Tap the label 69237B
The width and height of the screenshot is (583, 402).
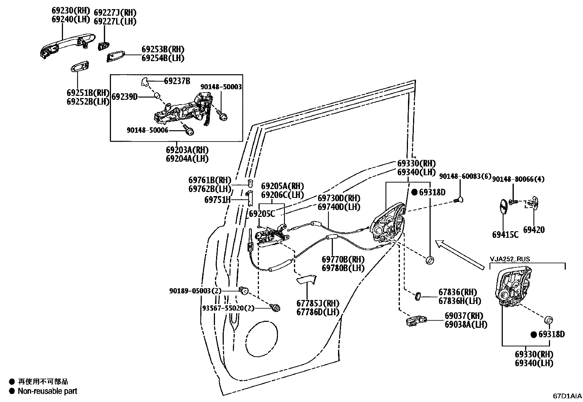tap(177, 81)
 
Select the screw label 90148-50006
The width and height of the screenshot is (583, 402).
tap(148, 130)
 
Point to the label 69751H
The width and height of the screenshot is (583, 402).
tap(217, 200)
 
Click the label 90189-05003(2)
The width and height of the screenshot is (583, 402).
tap(196, 291)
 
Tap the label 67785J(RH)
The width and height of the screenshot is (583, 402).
tap(318, 304)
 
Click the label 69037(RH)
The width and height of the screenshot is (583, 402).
tap(464, 316)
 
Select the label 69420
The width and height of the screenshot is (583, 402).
tap(534, 230)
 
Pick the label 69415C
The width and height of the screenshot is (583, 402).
tap(505, 234)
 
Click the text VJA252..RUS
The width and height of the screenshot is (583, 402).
tap(510, 259)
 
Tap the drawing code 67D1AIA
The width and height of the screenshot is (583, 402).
tap(567, 396)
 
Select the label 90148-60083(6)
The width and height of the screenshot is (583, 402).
tap(465, 177)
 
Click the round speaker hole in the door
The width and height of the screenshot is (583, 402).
tap(262, 338)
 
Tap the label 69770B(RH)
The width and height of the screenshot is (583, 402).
tap(343, 259)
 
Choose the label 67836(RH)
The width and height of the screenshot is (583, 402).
tap(458, 292)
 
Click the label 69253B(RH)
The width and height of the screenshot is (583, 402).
tap(163, 49)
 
